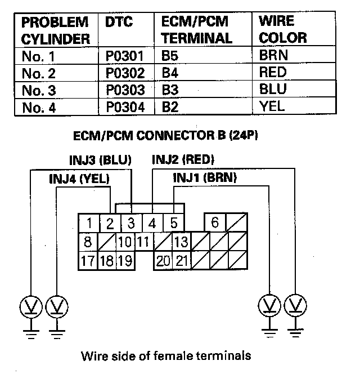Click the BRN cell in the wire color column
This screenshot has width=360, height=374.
click(274, 56)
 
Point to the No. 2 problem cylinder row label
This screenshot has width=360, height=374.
click(40, 73)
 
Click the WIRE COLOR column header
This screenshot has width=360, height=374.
click(283, 30)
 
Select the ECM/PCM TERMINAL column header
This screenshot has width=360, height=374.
click(196, 30)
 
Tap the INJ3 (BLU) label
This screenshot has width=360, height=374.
click(100, 161)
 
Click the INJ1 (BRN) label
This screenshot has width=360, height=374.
click(205, 177)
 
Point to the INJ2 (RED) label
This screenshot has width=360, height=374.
click(183, 160)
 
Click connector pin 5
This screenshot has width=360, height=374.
click(174, 222)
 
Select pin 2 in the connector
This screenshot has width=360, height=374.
click(110, 222)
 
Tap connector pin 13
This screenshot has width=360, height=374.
click(181, 242)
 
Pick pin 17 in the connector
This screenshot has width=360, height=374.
click(88, 261)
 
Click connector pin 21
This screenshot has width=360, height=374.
click(181, 261)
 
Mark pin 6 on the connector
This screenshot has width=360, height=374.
click(214, 222)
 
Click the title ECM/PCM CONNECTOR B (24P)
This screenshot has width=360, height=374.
click(165, 136)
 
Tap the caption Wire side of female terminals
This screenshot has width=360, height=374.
click(165, 356)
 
